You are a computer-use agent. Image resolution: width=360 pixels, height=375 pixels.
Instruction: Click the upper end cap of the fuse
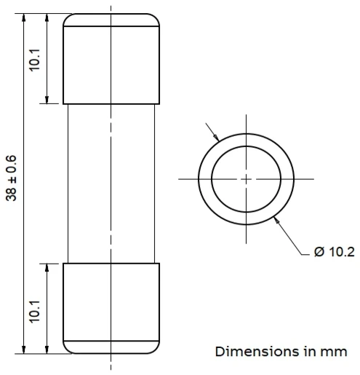[111, 58]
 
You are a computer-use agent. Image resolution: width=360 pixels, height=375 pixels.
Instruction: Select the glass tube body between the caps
[111, 182]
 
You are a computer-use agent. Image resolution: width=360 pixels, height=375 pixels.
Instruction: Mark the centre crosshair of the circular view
[246, 178]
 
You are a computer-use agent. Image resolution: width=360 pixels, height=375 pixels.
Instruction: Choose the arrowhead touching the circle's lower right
[276, 218]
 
